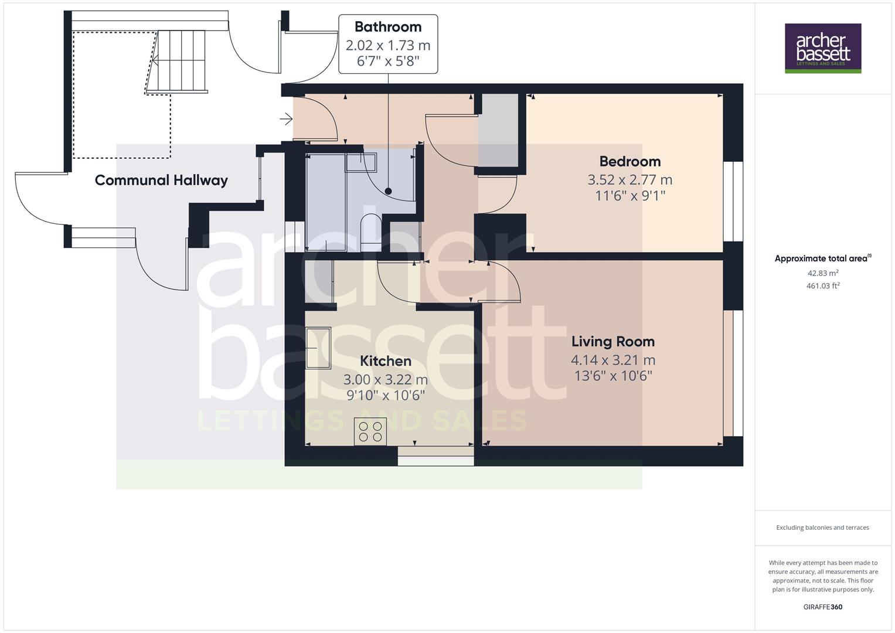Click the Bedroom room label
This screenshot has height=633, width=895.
click(629, 161)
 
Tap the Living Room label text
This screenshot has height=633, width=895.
click(612, 341)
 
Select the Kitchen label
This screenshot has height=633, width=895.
click(385, 361)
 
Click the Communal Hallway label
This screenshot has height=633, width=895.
click(161, 180)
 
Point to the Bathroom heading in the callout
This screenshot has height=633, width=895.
click(387, 27)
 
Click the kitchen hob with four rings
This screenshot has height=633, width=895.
click(370, 431)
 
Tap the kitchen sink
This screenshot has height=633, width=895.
click(318, 348)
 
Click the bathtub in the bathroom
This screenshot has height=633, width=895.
click(326, 202)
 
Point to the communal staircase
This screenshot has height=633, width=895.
click(179, 60)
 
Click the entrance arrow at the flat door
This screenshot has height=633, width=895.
click(286, 120)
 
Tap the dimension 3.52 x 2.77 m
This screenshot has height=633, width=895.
click(629, 179)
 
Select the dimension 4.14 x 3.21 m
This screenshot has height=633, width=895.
click(612, 360)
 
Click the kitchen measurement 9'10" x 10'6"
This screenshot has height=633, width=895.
click(385, 396)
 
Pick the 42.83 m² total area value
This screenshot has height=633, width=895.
click(822, 273)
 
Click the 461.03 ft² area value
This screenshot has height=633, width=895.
click(822, 286)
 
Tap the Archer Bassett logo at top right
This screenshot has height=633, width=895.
click(823, 48)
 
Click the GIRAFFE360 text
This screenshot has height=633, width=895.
click(822, 607)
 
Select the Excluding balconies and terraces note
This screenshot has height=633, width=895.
click(822, 527)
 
